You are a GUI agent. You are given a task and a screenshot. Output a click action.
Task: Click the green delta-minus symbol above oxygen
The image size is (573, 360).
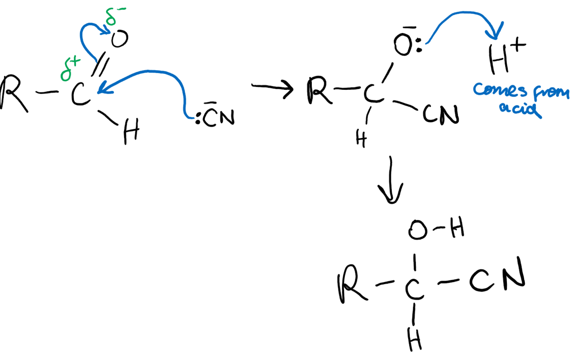[115, 16]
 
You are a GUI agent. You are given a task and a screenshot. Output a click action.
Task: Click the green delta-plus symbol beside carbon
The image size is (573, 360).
[70, 69]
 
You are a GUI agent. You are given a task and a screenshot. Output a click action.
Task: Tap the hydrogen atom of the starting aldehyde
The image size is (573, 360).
[131, 131]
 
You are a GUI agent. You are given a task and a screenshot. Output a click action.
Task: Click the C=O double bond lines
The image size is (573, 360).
[100, 64]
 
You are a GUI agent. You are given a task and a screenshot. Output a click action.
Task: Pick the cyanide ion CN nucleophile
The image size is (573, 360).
[219, 117]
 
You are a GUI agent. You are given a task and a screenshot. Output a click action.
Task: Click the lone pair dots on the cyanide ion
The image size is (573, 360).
[198, 119]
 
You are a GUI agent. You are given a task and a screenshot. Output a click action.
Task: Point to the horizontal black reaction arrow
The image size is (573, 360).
[272, 88]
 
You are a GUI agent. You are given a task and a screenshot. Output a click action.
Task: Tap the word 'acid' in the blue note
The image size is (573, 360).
[520, 109]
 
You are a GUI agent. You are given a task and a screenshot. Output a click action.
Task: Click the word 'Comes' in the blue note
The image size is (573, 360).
[500, 90]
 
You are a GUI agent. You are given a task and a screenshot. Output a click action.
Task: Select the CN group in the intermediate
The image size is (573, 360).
[441, 114]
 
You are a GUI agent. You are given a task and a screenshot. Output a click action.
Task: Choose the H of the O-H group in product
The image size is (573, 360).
[457, 227]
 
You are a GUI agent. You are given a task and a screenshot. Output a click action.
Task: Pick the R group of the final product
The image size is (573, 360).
[352, 284]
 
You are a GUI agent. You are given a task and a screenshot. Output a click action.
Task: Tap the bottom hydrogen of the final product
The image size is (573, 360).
[415, 339]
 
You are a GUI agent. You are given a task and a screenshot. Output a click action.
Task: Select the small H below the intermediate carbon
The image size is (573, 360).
[361, 138]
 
